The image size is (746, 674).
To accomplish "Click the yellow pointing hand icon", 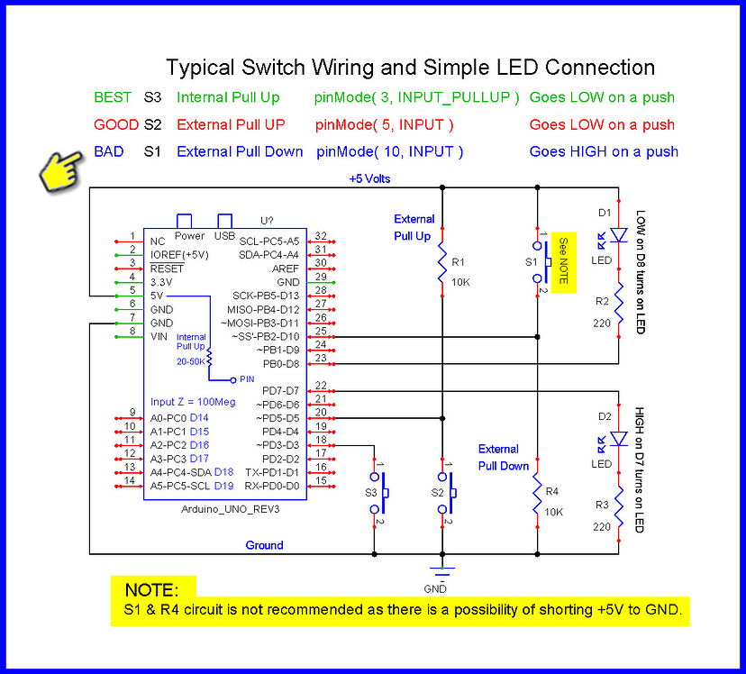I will pyautogui.click(x=61, y=168).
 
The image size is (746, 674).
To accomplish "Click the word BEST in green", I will pyautogui.click(x=113, y=97).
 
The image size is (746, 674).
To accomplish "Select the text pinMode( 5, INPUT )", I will pyautogui.click(x=385, y=124).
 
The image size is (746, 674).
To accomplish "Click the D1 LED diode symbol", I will pyautogui.click(x=618, y=235).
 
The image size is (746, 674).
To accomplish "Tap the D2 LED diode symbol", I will pyautogui.click(x=618, y=439).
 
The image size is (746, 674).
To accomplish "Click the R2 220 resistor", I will pyautogui.click(x=618, y=309).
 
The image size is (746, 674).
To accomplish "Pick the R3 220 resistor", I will pyautogui.click(x=618, y=513).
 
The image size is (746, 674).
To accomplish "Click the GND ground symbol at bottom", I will pyautogui.click(x=439, y=570).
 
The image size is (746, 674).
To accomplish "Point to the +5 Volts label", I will pyautogui.click(x=369, y=178).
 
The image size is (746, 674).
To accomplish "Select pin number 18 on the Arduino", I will pyautogui.click(x=320, y=439).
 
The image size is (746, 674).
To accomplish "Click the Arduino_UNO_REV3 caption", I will pyautogui.click(x=224, y=509).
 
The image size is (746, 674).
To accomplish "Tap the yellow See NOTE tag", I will pyautogui.click(x=563, y=261).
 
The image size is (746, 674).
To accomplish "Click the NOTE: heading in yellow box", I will pyautogui.click(x=151, y=590).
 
